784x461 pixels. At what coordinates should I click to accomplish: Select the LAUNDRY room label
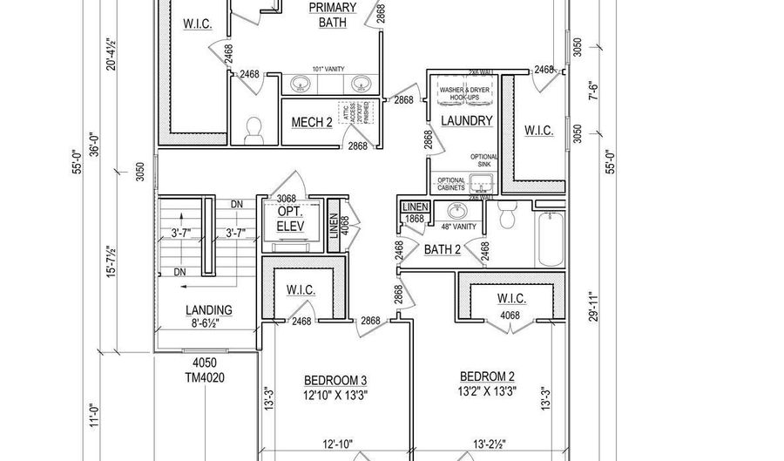tap(466, 121)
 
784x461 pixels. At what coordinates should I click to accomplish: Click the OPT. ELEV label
tap(289, 220)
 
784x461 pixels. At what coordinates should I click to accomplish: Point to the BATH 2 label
tap(443, 250)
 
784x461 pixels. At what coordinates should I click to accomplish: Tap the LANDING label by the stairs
tap(209, 310)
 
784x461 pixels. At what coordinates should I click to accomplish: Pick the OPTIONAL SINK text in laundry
tap(483, 161)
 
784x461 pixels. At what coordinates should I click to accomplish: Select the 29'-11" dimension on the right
tap(592, 308)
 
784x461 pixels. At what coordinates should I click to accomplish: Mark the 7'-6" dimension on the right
tap(592, 89)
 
